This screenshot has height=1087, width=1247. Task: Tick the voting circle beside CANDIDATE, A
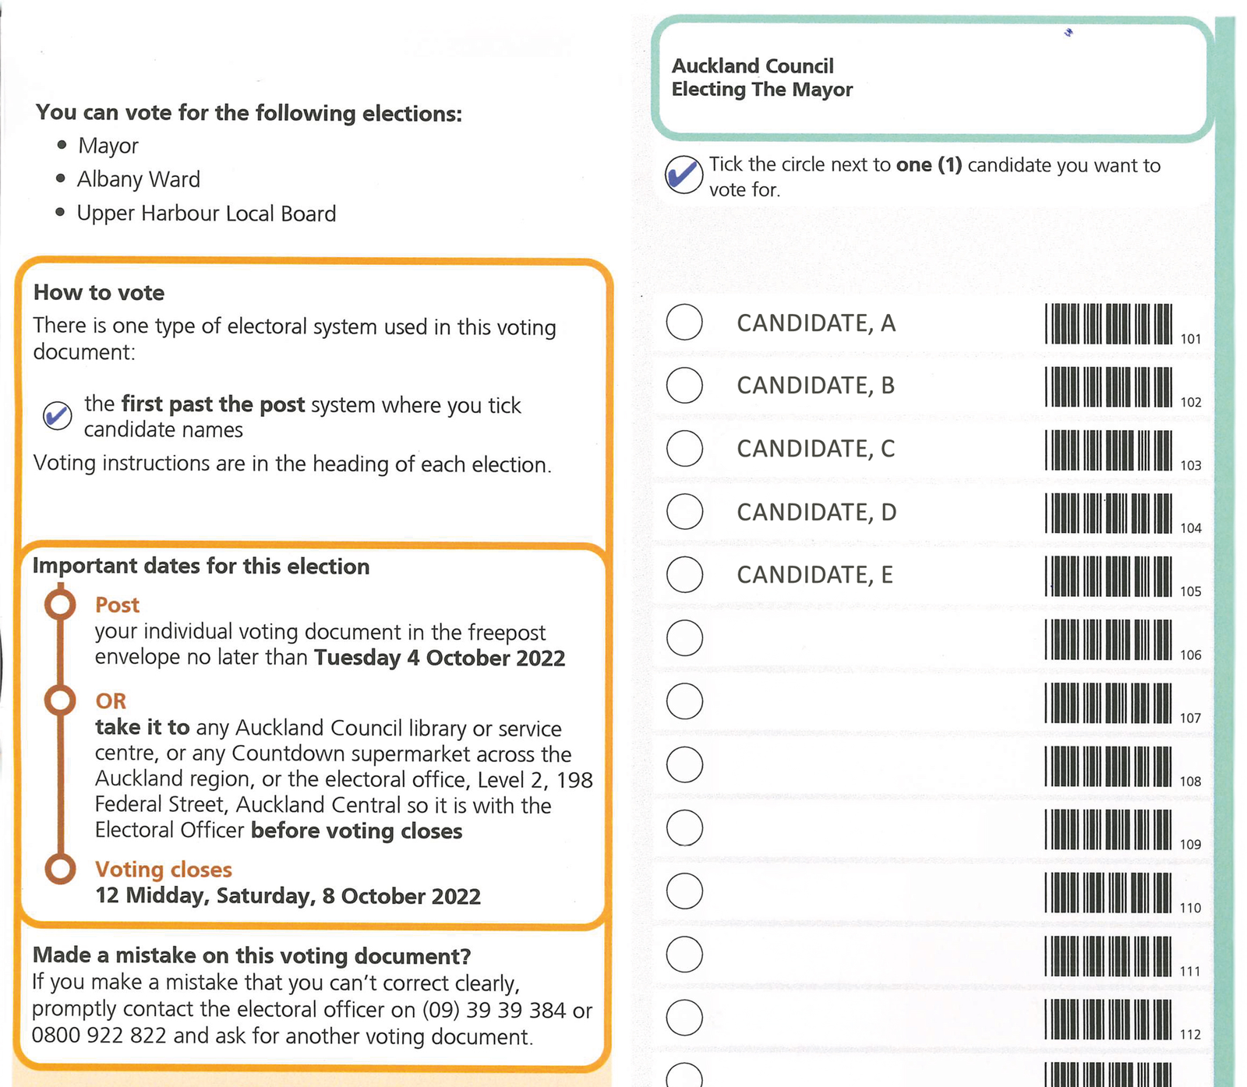(x=684, y=322)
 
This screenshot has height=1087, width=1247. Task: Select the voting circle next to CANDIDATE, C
(x=684, y=448)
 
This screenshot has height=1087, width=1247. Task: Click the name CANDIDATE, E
(x=814, y=575)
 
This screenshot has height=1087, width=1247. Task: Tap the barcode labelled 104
(x=1108, y=513)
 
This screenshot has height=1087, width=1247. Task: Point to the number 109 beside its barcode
(x=1190, y=845)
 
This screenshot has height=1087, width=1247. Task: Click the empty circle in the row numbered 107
(x=684, y=701)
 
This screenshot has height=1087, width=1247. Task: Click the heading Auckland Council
(x=752, y=66)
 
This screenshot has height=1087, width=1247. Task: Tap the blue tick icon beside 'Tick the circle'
(x=684, y=175)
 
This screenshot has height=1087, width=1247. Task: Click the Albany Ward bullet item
(x=138, y=179)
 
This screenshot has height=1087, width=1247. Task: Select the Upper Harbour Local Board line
(x=206, y=214)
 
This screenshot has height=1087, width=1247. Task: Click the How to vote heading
(x=99, y=293)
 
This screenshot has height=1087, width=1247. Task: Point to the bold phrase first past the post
(x=213, y=404)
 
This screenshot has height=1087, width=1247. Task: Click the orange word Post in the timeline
(x=117, y=605)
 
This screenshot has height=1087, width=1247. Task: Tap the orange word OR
(x=111, y=701)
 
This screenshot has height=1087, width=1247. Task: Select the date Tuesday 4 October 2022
(x=440, y=658)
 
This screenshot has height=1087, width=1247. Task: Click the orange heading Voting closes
(x=164, y=870)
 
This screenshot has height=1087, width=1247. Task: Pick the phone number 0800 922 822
(x=99, y=1036)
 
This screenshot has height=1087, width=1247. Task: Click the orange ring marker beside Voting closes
(x=60, y=869)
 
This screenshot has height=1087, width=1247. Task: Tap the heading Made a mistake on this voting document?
(x=252, y=956)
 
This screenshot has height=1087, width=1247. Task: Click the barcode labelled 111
(x=1108, y=956)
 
